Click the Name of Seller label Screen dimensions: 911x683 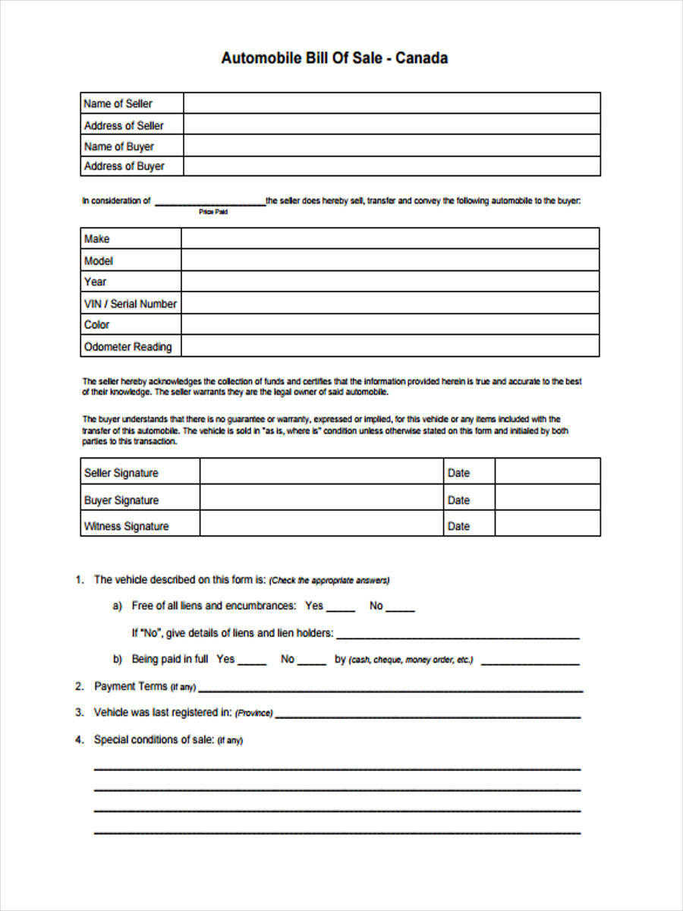click(118, 103)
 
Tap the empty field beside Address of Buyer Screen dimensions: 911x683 click(391, 166)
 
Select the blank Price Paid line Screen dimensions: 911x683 click(209, 202)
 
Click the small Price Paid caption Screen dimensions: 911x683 click(213, 213)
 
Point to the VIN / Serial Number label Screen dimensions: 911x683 click(130, 304)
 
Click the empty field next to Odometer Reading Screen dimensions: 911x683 click(389, 347)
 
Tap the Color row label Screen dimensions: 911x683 click(97, 325)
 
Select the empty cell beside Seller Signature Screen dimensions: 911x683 click(321, 473)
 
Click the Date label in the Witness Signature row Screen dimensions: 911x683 click(458, 526)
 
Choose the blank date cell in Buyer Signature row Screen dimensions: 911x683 click(547, 500)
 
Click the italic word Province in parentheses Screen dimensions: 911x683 click(254, 714)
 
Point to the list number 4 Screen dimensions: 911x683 click(79, 739)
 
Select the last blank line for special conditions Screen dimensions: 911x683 click(337, 833)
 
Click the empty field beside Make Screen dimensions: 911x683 click(389, 239)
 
